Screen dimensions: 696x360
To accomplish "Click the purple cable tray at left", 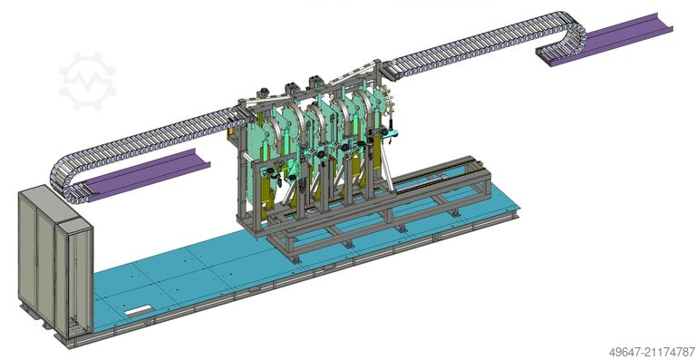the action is click(147, 174).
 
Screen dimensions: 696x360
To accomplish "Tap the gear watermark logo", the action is click(87, 81).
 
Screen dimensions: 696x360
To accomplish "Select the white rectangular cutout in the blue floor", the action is click(138, 309).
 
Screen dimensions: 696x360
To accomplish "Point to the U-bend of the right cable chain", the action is click(575, 34).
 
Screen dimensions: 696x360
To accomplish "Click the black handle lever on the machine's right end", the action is click(391, 128).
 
